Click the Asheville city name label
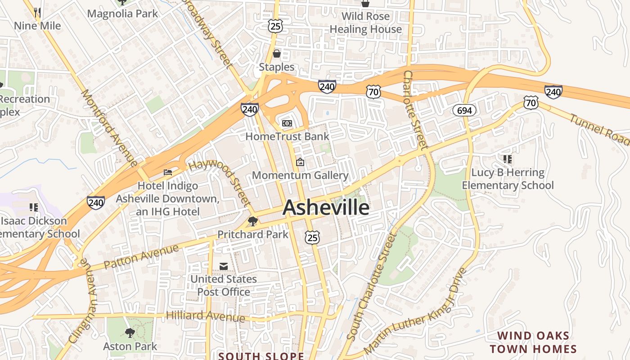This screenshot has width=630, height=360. coord(326,207)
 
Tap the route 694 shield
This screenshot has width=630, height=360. coord(464,110)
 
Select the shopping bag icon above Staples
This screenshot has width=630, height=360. coord(276,54)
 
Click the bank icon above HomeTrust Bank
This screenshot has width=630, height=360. coord(287,123)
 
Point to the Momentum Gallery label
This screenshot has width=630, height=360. coord(300,175)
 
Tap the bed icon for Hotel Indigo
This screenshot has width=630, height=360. coord(168,172)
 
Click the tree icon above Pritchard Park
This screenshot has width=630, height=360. coord(253,221)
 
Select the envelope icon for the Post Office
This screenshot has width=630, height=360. coord(223,266)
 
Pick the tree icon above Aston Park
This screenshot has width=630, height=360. coord(130,333)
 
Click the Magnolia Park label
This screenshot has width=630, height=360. coord(122,13)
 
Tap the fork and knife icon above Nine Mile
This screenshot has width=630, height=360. coord(37,13)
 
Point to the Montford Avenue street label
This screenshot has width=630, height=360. coord(108,127)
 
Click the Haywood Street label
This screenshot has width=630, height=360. coord(220,184)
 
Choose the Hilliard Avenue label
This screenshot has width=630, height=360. coord(205,315)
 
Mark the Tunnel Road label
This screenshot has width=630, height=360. coord(599,130)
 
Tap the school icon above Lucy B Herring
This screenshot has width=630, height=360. coord(508,159)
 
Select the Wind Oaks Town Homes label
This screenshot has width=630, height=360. coord(533,342)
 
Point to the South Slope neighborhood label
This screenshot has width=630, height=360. coord(261,356)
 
